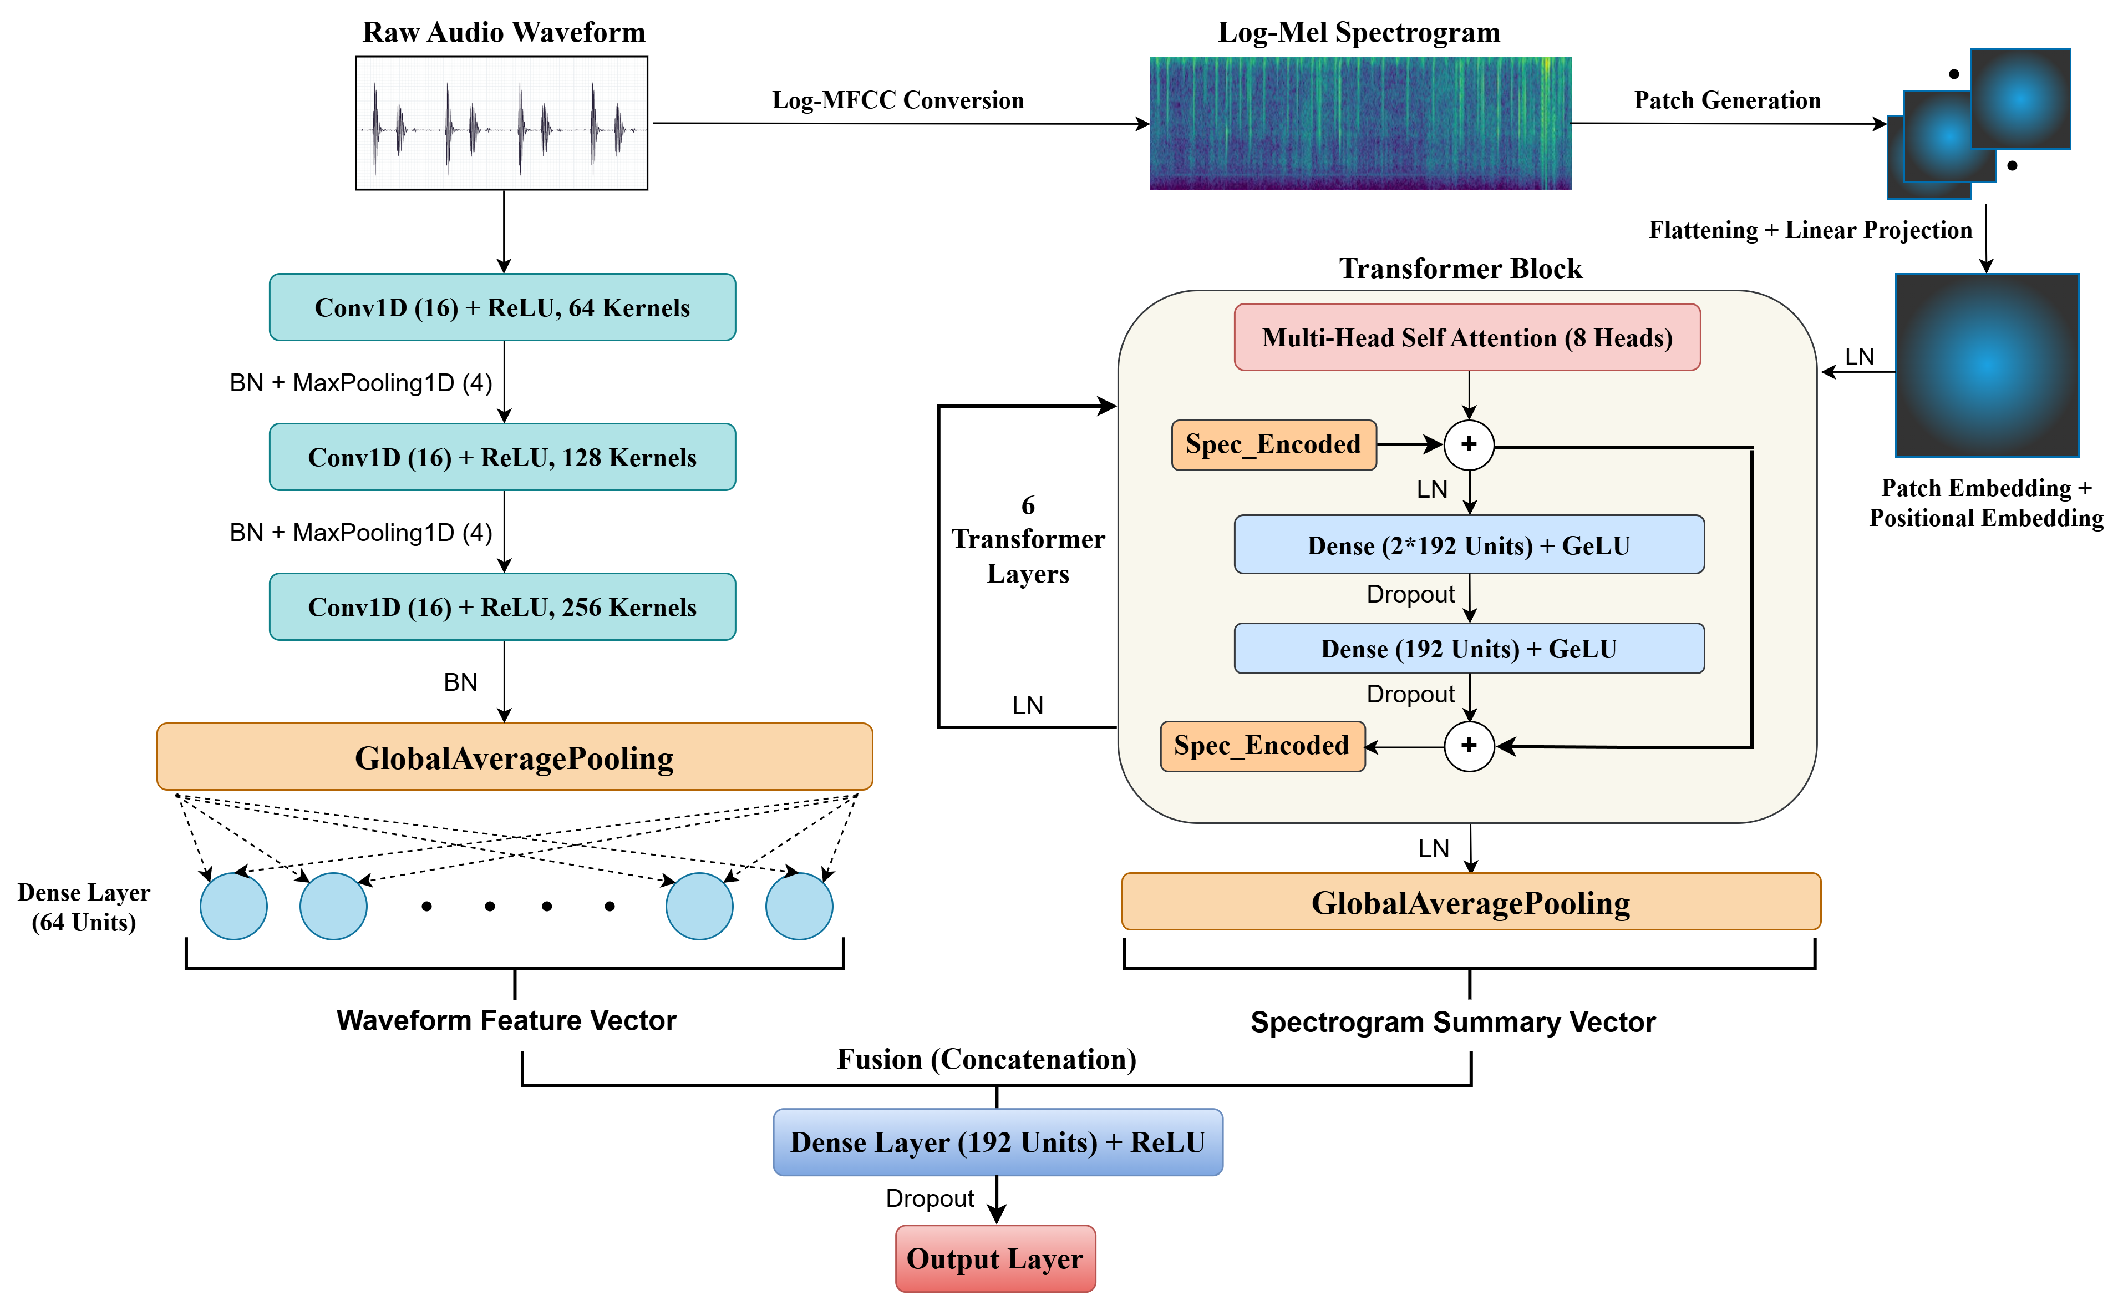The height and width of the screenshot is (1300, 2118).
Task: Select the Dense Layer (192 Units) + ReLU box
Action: tap(997, 1142)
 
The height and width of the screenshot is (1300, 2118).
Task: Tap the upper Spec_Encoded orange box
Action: tap(1273, 444)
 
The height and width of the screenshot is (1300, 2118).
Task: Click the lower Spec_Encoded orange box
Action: tap(1262, 746)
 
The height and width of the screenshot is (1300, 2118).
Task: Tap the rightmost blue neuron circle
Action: tap(799, 906)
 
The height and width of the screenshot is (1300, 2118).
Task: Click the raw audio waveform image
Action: tap(501, 123)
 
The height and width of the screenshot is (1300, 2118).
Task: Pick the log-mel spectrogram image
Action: tap(1360, 123)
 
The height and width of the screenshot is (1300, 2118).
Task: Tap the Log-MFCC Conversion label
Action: tap(897, 100)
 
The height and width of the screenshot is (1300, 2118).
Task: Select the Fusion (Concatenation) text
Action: tap(986, 1059)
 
